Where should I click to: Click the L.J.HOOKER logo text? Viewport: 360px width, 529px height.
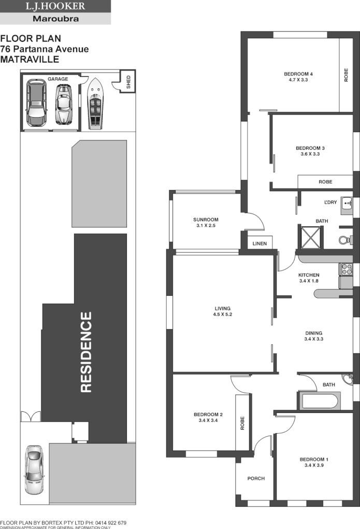[x=55, y=7]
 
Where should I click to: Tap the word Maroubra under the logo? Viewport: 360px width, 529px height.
[x=55, y=19]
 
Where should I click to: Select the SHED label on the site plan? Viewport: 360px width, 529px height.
[x=128, y=82]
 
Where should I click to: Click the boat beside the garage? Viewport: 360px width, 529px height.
[x=95, y=104]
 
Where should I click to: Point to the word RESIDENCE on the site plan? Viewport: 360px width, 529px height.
[x=87, y=352]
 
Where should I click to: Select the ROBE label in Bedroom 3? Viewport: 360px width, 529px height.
[x=325, y=182]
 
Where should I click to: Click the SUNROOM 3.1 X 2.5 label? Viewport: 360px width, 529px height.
[x=199, y=222]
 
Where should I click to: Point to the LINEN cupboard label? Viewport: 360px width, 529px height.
[x=260, y=244]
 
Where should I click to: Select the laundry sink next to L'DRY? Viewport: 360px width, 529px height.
[x=347, y=207]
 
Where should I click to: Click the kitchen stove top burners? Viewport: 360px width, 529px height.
[x=345, y=269]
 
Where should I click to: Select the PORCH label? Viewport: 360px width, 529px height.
[x=256, y=478]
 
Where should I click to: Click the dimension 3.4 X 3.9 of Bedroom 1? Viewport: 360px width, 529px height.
[x=313, y=465]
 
